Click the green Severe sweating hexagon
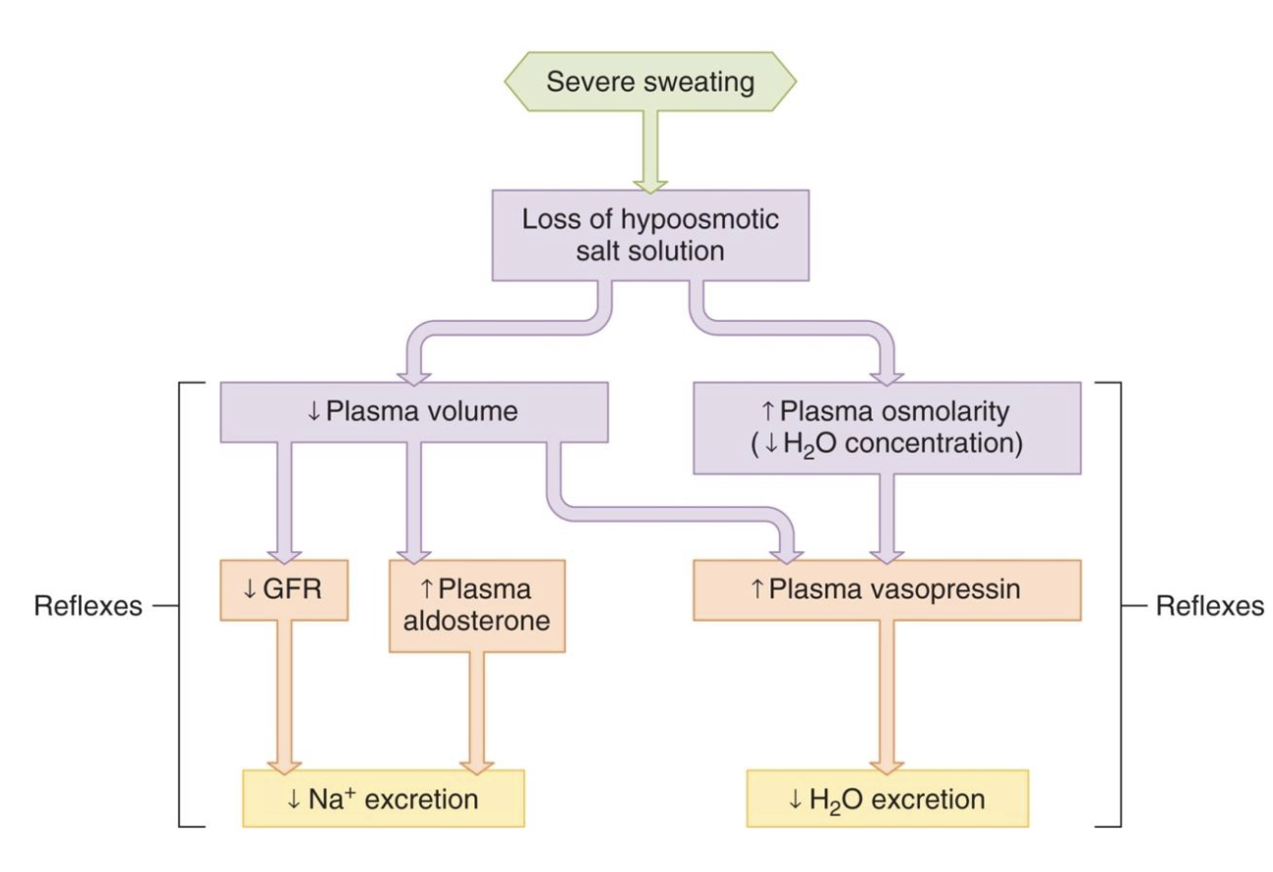[x=650, y=82]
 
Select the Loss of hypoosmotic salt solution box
[x=649, y=234]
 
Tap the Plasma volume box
[x=412, y=412]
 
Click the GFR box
[x=283, y=591]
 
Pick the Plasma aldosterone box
[x=477, y=605]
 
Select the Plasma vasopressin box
[x=886, y=591]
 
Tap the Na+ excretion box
[x=383, y=798]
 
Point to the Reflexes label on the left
[x=89, y=606]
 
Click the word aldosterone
[x=477, y=622]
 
